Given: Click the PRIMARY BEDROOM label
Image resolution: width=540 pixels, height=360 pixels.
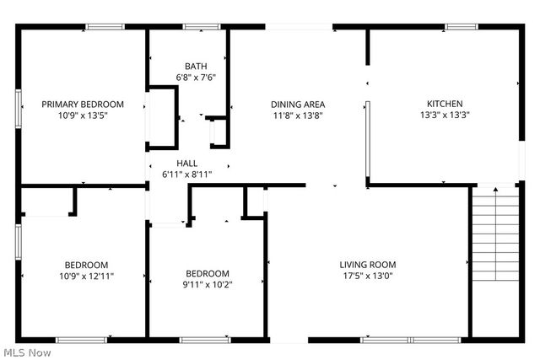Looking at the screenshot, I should (83, 105).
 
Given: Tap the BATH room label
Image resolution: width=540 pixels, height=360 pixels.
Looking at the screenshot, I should (196, 66).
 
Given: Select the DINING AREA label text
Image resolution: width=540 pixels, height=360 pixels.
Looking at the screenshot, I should (297, 105).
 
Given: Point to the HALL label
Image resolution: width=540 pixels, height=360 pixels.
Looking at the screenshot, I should (186, 163).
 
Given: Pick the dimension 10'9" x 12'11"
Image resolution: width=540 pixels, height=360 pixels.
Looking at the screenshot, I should (87, 275).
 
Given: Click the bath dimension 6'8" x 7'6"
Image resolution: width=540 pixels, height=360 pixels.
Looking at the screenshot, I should (196, 77).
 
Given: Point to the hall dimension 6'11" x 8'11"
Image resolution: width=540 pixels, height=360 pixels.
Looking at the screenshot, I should (186, 174).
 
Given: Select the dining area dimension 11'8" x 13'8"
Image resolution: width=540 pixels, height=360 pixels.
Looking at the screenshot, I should (297, 116).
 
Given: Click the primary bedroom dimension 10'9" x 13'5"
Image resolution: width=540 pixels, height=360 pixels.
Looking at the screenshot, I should (83, 116).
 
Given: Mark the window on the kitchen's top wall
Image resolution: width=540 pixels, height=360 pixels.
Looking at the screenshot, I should (461, 27).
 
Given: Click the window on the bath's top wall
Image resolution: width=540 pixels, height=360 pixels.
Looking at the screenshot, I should (197, 27).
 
